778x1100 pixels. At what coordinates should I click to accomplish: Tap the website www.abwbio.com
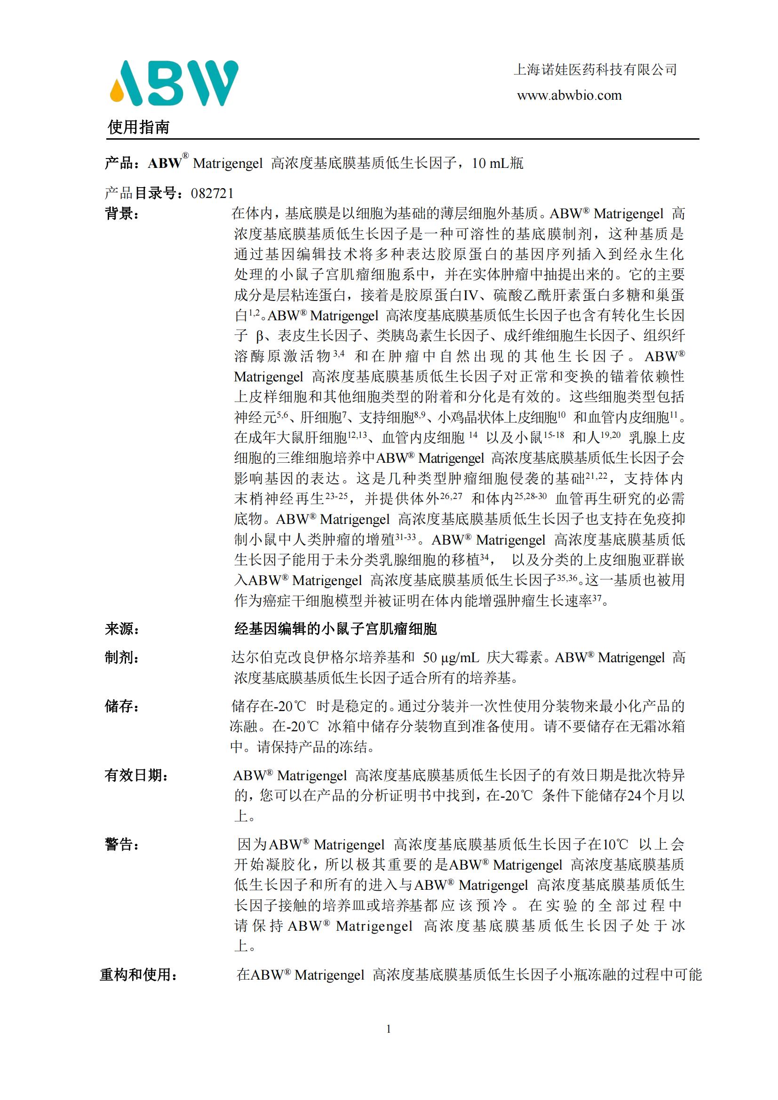tap(569, 95)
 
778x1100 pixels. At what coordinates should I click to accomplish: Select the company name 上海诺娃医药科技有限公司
tap(595, 70)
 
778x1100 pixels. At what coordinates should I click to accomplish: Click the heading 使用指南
tap(138, 127)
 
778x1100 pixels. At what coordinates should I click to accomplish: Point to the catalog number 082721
tap(212, 194)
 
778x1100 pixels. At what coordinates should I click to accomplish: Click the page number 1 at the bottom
tap(389, 1029)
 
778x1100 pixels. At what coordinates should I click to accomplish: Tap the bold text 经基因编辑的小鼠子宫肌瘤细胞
tap(335, 629)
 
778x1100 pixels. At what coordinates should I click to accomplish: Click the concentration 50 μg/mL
tap(451, 658)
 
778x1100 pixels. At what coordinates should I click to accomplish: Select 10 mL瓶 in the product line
tap(497, 164)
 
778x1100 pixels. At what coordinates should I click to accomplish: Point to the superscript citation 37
tap(597, 597)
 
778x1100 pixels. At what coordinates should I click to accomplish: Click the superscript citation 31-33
tap(405, 537)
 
